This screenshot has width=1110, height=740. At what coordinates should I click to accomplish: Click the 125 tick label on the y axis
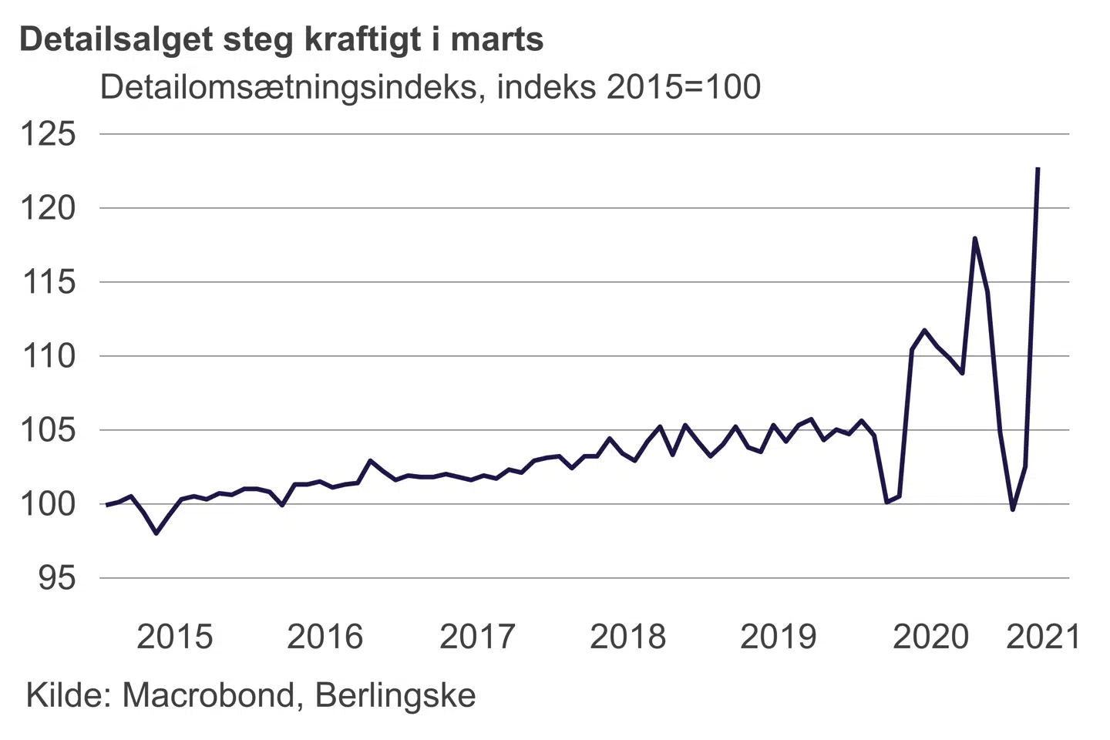tap(48, 134)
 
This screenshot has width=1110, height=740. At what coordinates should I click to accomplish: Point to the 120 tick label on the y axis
tap(48, 208)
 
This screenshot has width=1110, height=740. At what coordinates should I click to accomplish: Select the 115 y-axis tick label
tap(48, 282)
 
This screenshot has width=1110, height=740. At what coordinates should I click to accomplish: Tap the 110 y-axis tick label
tap(48, 356)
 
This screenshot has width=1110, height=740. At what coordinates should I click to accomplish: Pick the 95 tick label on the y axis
tap(57, 578)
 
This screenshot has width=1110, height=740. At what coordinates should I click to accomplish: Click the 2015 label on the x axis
tap(174, 637)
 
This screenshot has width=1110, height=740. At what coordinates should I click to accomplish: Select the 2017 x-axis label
tap(476, 637)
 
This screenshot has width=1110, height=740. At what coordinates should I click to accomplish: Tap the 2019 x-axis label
tap(778, 637)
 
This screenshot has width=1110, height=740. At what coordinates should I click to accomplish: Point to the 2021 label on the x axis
tap(1044, 637)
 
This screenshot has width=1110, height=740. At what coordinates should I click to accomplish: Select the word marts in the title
tap(497, 39)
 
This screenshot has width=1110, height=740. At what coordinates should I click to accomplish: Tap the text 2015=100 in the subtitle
tap(684, 87)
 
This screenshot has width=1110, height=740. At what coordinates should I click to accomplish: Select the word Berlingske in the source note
tap(395, 695)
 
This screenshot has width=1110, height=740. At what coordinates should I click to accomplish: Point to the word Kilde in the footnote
tap(69, 695)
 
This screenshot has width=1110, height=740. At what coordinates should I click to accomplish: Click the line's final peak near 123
tap(1038, 168)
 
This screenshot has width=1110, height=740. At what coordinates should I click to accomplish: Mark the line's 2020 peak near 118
tap(975, 238)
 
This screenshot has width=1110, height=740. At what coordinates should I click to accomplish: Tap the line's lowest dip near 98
tap(156, 533)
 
